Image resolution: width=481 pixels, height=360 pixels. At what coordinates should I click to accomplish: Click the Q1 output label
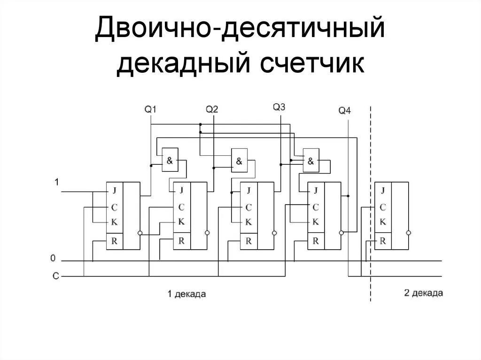pyautogui.click(x=150, y=109)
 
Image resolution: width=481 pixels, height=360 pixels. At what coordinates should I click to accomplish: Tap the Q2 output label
pyautogui.click(x=212, y=109)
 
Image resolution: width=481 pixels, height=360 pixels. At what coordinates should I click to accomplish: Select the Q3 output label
pyautogui.click(x=279, y=107)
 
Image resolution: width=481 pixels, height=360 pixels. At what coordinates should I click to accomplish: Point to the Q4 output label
pyautogui.click(x=344, y=111)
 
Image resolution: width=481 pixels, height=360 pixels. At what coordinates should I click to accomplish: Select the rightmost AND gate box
pyautogui.click(x=310, y=161)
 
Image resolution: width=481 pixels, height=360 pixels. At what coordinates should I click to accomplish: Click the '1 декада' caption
pyautogui.click(x=187, y=294)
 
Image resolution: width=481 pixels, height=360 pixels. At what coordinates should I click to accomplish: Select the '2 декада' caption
pyautogui.click(x=423, y=293)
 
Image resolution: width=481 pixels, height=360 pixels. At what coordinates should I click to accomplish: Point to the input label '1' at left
pyautogui.click(x=57, y=182)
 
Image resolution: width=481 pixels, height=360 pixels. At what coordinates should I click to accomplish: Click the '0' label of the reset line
pyautogui.click(x=54, y=258)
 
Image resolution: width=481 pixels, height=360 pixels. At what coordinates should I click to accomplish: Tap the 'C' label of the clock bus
pyautogui.click(x=55, y=276)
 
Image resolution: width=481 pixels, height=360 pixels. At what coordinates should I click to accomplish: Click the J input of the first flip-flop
pyautogui.click(x=114, y=191)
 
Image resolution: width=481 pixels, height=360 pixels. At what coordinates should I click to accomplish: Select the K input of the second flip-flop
pyautogui.click(x=181, y=222)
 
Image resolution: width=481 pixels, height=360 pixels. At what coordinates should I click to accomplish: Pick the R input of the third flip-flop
pyautogui.click(x=248, y=241)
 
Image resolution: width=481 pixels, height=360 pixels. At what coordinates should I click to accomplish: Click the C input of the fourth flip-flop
pyautogui.click(x=316, y=207)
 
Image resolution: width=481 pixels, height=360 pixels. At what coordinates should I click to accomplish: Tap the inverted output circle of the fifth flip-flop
pyautogui.click(x=409, y=232)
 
